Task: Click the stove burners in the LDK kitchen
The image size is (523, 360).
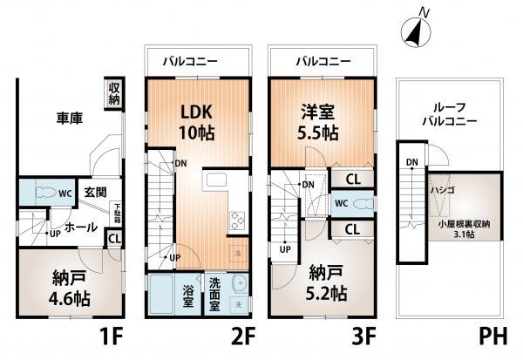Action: point(236,221)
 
